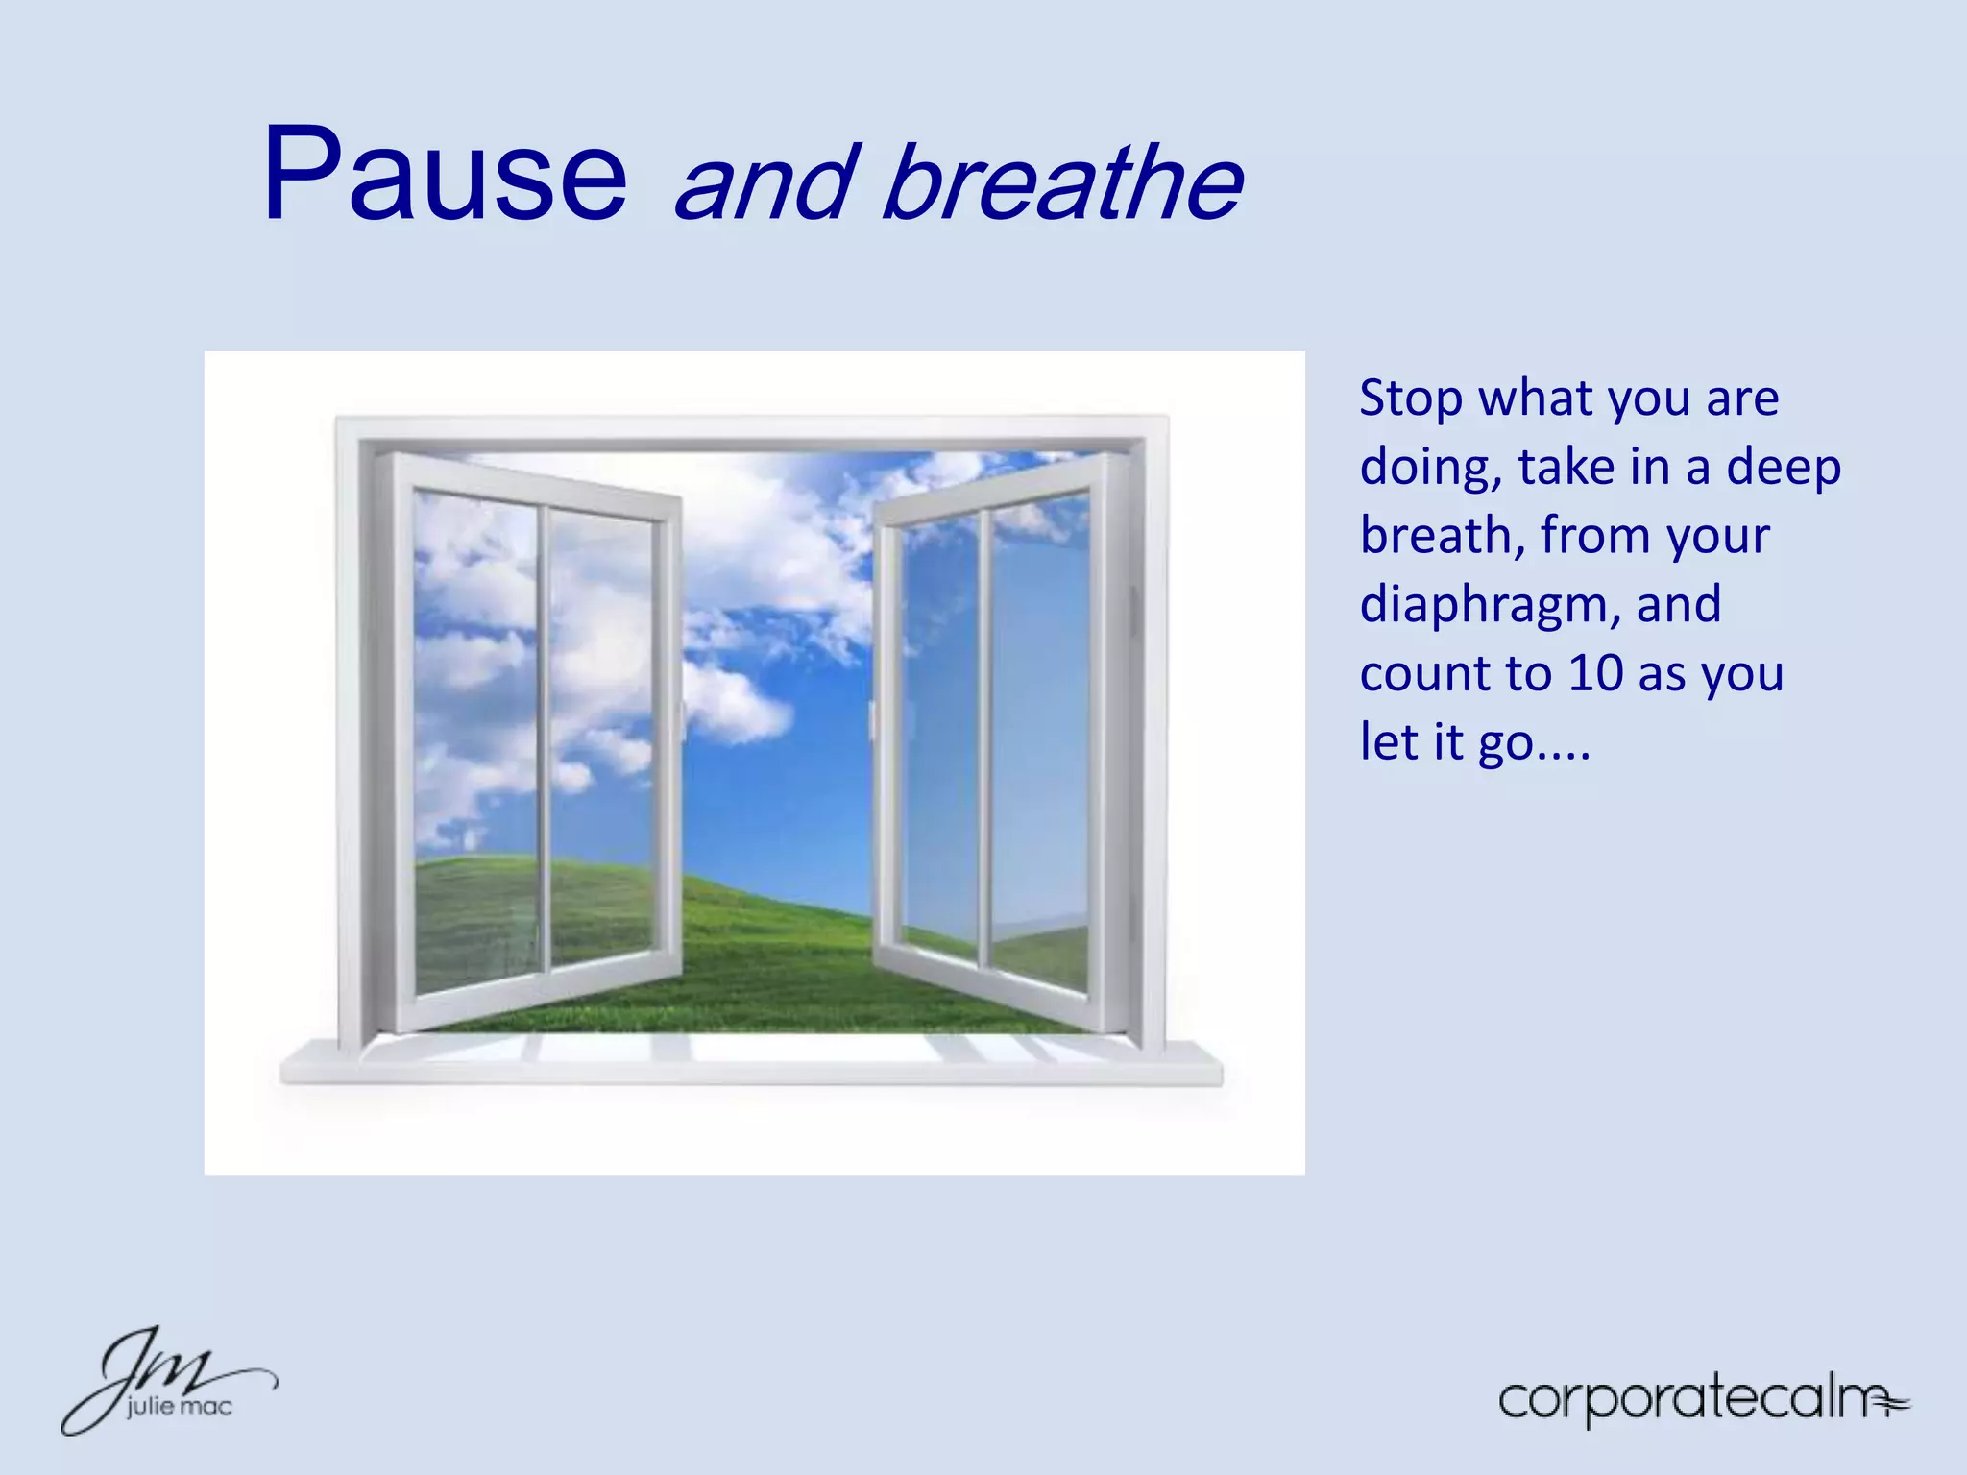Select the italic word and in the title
click(765, 182)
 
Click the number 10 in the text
click(1595, 673)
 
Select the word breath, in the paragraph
click(1442, 536)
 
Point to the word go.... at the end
click(1534, 743)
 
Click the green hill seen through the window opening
click(778, 951)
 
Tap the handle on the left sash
click(683, 720)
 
